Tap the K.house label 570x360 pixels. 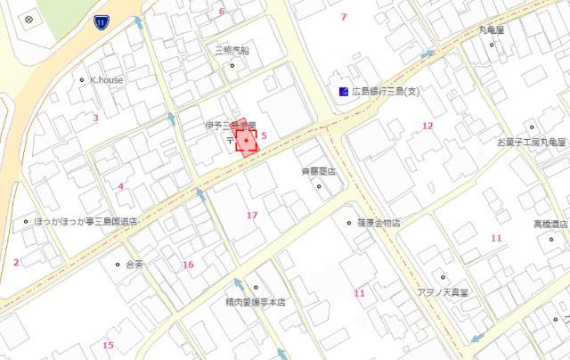pos(107,79)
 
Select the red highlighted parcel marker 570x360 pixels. pos(246,143)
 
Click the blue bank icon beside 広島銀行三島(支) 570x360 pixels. pos(343,91)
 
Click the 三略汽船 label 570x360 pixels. pos(231,51)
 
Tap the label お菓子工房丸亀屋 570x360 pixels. pos(531,142)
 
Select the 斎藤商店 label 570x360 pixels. pos(318,172)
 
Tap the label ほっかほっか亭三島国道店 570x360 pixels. pos(85,221)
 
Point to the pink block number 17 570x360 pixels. pos(252,215)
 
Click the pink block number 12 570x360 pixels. pos(427,126)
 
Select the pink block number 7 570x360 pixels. pos(344,17)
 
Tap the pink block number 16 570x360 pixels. pos(188,264)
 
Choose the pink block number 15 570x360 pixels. pos(108,345)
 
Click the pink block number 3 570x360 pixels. pos(95,117)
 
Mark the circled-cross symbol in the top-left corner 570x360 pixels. pos(28,20)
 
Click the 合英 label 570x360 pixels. pos(135,264)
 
